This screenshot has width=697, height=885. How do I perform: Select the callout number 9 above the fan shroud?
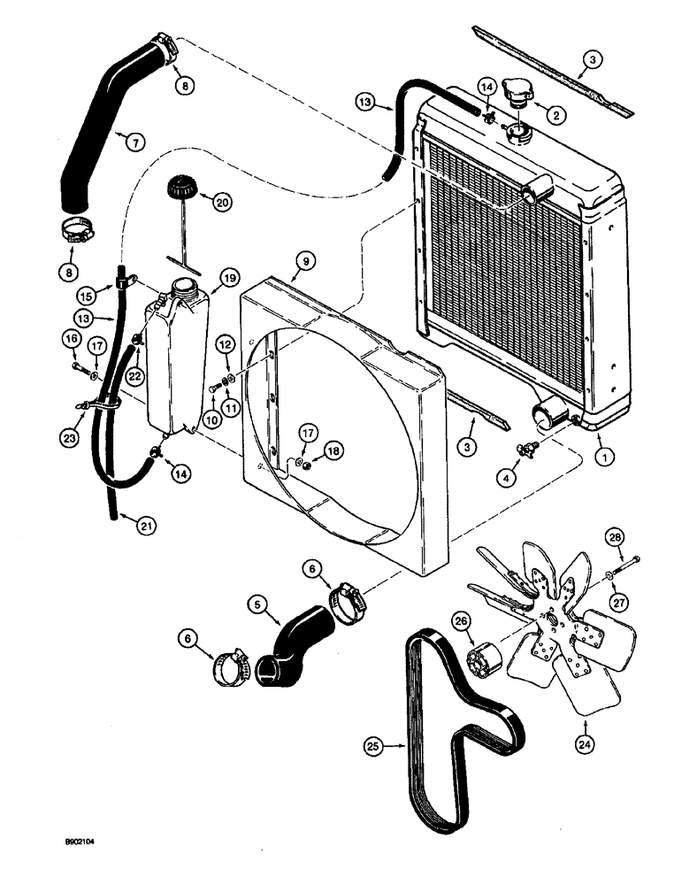(303, 260)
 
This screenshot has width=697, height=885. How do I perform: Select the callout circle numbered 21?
(140, 526)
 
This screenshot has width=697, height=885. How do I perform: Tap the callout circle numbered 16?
(72, 339)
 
